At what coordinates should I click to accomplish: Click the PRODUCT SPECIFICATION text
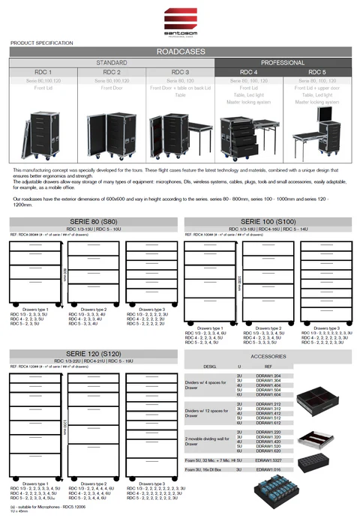[x=42, y=43]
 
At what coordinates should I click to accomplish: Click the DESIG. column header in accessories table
[x=210, y=366]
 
